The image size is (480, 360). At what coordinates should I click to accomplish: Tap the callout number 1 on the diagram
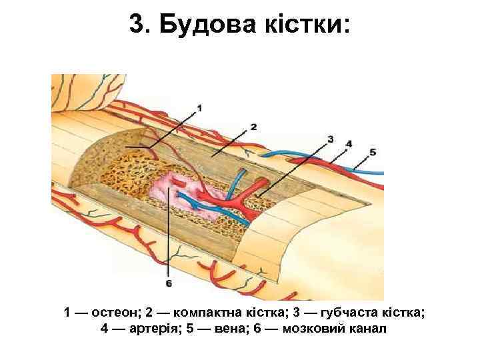pos(200,107)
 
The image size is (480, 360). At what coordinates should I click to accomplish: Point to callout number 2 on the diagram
pos(253,126)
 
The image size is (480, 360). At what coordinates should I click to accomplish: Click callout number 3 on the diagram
pos(330,139)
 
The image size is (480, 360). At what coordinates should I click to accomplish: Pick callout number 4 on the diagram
pos(349,143)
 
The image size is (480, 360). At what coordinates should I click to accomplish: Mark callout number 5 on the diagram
pos(372,152)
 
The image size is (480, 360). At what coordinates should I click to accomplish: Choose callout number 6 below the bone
pos(169,283)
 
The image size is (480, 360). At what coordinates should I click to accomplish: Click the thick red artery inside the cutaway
pos(248,196)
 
